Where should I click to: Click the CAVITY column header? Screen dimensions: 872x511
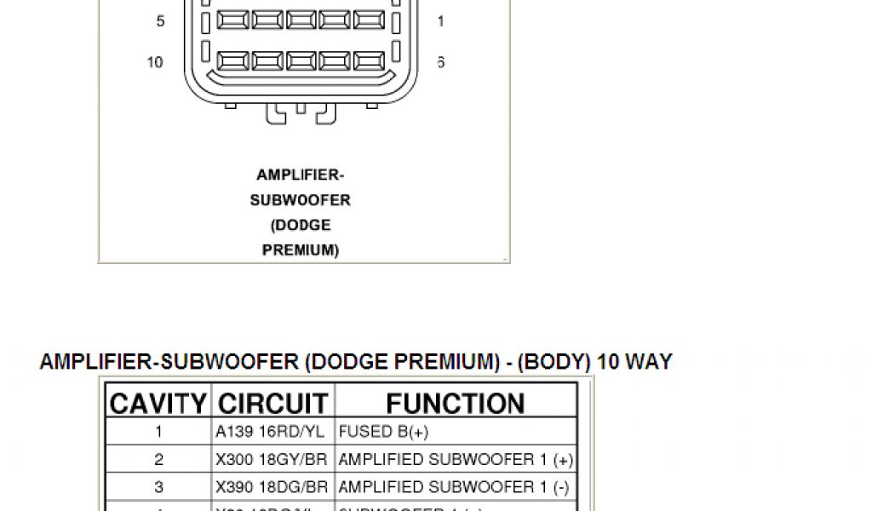(158, 403)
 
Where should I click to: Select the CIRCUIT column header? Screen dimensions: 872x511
(272, 403)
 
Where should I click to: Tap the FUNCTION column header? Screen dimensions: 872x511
(456, 403)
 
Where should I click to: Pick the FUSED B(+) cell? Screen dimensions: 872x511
(383, 432)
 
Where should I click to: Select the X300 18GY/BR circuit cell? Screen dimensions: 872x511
(272, 460)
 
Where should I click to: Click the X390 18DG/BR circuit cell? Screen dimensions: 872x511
(272, 487)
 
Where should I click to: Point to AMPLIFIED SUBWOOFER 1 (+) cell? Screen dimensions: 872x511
(456, 460)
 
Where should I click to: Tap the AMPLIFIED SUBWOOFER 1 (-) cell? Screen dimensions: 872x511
(456, 487)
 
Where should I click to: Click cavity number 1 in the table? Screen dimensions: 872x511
(158, 432)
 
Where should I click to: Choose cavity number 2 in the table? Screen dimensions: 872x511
(158, 460)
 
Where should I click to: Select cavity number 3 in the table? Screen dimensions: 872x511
(158, 487)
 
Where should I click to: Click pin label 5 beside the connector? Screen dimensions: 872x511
(160, 21)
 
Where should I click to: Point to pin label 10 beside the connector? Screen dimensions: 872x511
(155, 62)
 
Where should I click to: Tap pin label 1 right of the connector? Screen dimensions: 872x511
(440, 21)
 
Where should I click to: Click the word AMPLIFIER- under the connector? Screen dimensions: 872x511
(301, 175)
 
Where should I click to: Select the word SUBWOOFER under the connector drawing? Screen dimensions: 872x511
(301, 200)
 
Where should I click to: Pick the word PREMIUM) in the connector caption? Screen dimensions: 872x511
(301, 250)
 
